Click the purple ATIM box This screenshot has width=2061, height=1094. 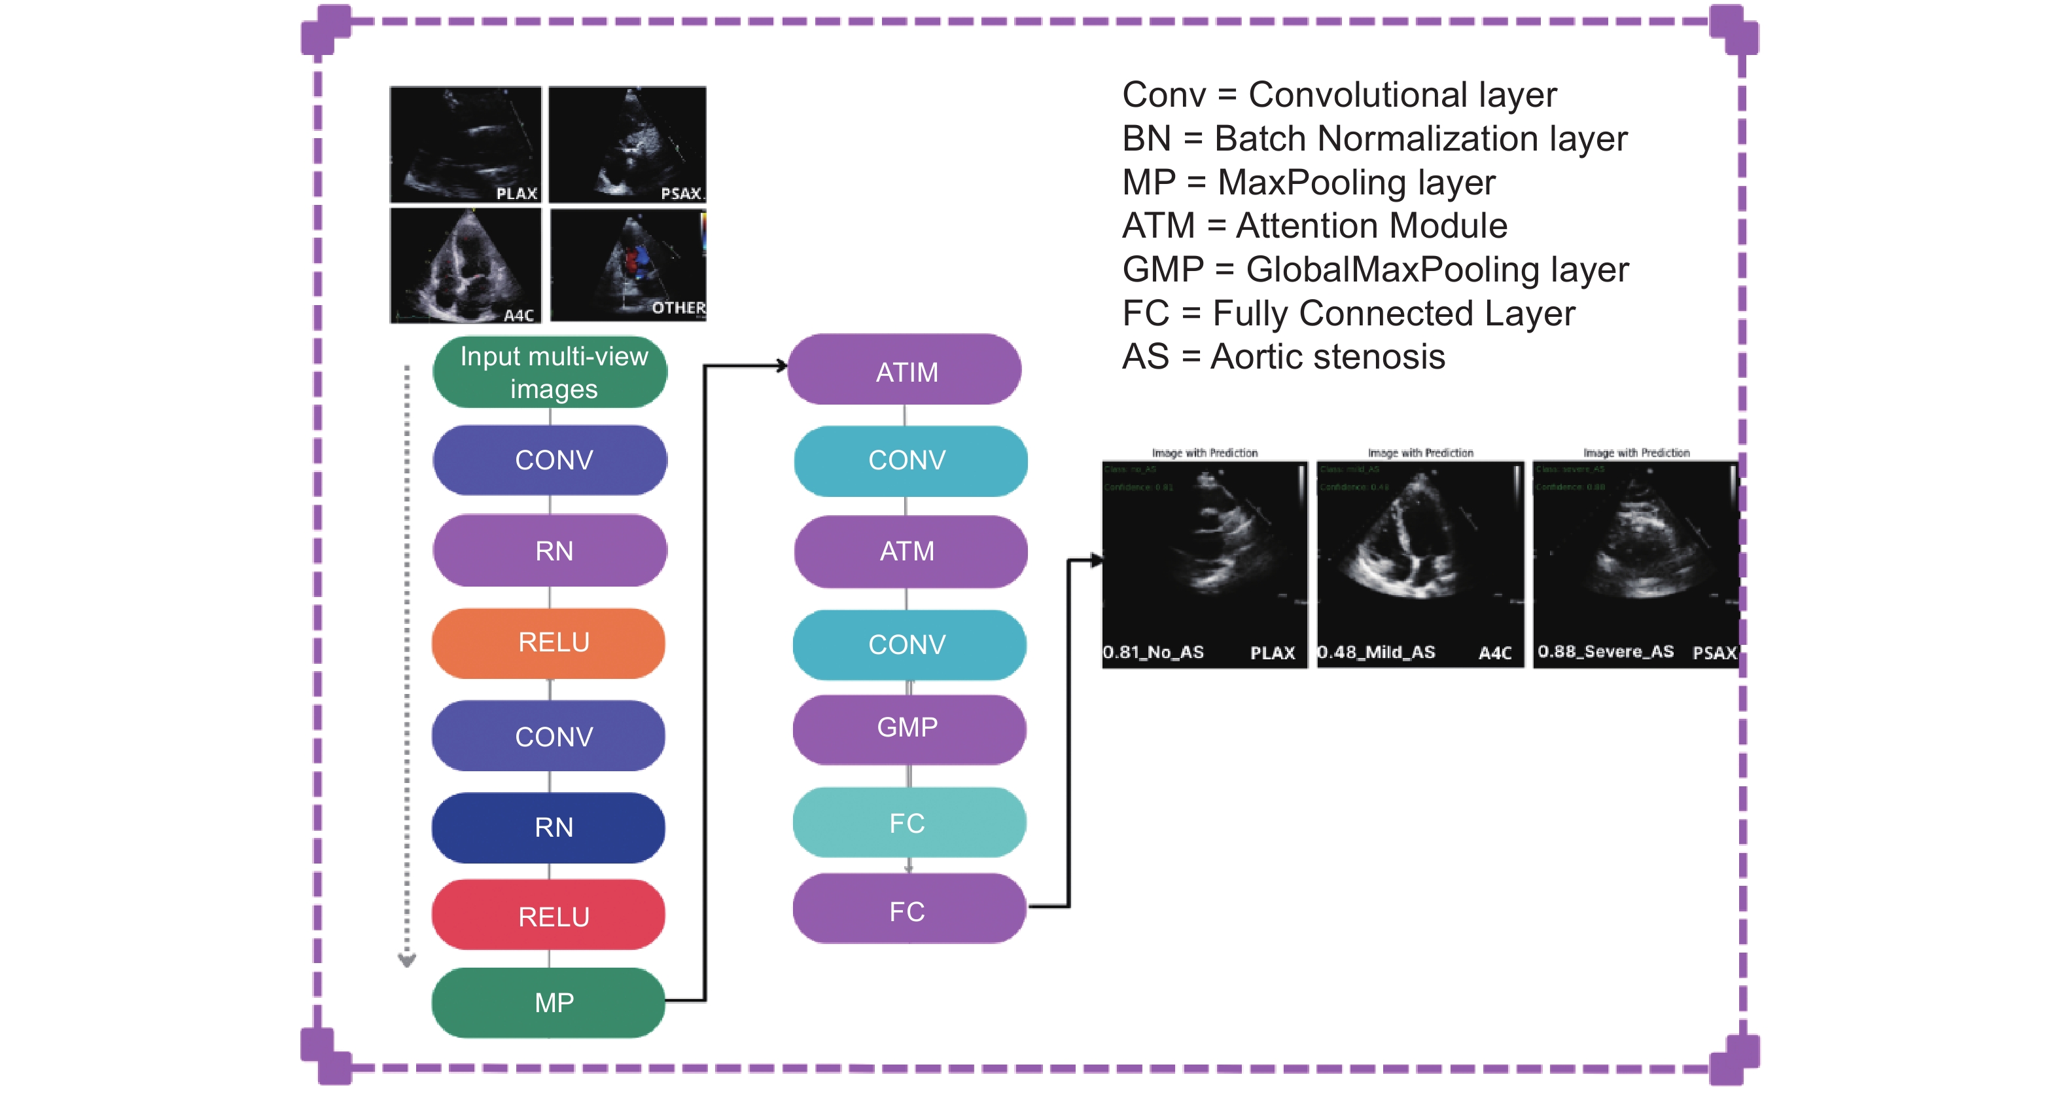pyautogui.click(x=905, y=371)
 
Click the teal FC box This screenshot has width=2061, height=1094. pyautogui.click(x=909, y=823)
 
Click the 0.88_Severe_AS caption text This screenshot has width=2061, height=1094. pyautogui.click(x=1605, y=651)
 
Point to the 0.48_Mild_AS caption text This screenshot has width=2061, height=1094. pyautogui.click(x=1377, y=652)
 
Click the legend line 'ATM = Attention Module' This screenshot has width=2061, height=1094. pyautogui.click(x=1314, y=226)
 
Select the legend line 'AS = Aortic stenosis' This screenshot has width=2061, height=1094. pyautogui.click(x=1283, y=357)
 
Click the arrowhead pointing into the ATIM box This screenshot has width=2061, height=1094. pyautogui.click(x=782, y=367)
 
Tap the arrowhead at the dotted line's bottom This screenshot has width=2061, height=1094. pyautogui.click(x=407, y=960)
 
